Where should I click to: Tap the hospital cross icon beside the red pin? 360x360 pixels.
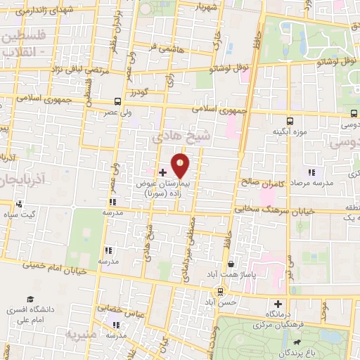[162, 172]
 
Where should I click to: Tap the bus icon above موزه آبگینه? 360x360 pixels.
[290, 120]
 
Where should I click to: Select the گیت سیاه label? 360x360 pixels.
[19, 214]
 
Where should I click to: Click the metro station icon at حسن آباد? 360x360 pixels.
[222, 291]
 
